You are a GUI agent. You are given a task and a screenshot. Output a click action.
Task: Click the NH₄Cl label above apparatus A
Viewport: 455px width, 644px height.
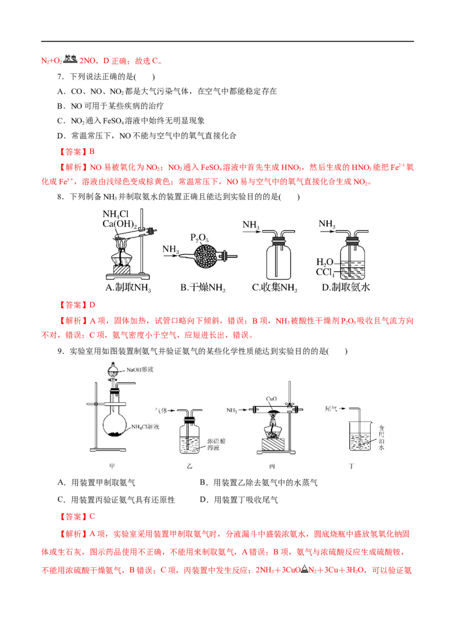pyautogui.click(x=115, y=213)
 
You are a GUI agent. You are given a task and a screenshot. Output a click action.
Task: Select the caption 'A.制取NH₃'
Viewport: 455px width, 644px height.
pyautogui.click(x=129, y=288)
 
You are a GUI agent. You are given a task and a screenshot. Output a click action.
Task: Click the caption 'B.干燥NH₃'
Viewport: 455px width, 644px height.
pyautogui.click(x=202, y=288)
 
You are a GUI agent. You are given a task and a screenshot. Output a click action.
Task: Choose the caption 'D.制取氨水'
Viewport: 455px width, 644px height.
pyautogui.click(x=345, y=288)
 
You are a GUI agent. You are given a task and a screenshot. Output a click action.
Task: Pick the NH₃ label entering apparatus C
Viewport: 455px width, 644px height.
pyautogui.click(x=251, y=225)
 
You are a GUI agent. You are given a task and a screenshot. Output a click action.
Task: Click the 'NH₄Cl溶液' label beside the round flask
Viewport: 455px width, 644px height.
pyautogui.click(x=147, y=427)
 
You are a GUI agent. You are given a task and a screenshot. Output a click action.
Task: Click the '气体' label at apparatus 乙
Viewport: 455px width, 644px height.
pyautogui.click(x=162, y=410)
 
